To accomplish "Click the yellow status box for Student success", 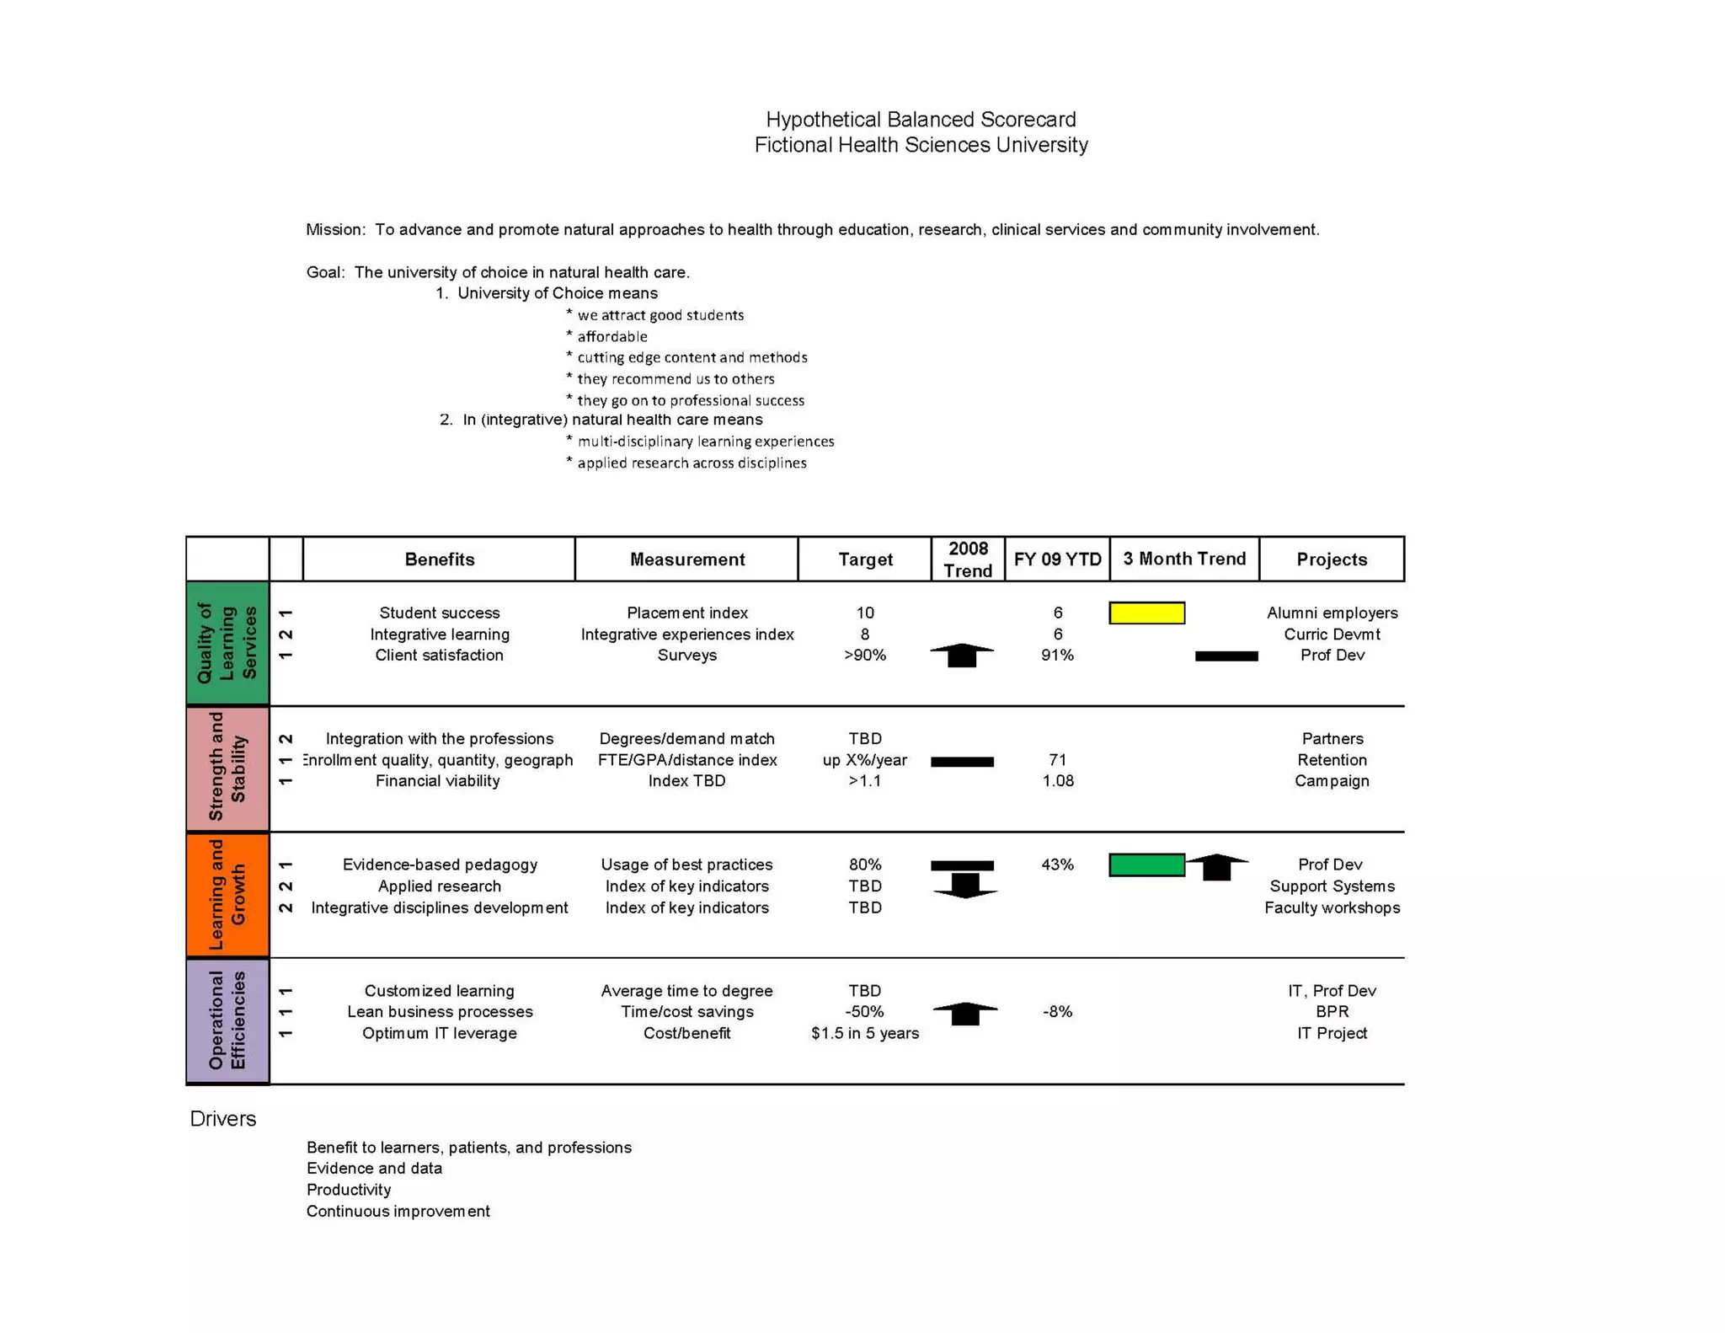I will [1146, 613].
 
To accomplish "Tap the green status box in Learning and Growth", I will [1146, 865].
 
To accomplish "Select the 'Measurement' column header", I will [686, 559].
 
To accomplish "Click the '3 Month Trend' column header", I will [1183, 559].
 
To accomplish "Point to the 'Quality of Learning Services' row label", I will [227, 643].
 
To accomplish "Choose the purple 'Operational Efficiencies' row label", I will [227, 1020].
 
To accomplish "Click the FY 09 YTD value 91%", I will [1057, 655].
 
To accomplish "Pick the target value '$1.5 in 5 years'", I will [864, 1033].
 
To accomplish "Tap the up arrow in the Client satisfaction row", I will [962, 655].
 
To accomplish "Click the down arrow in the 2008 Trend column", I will [965, 886].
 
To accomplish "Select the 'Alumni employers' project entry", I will [1331, 613].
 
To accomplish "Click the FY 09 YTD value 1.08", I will [1057, 780].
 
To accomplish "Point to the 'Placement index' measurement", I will [686, 613].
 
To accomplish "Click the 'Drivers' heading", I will [222, 1118].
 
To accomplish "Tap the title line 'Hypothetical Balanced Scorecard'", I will [920, 120].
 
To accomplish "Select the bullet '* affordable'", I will [607, 336].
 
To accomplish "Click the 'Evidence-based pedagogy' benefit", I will [439, 865].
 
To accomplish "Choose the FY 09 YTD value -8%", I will [1057, 1011].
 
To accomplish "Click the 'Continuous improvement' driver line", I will [398, 1211].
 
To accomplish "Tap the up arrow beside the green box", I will [1216, 866].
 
